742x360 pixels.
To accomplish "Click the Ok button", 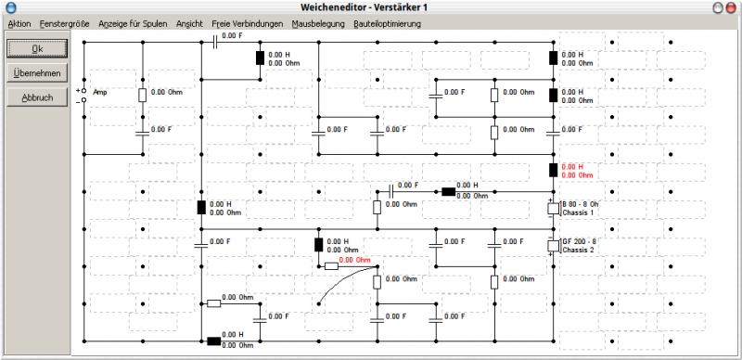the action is tap(37, 49).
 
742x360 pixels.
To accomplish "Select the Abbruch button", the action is tap(37, 97).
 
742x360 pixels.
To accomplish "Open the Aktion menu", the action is tap(19, 24).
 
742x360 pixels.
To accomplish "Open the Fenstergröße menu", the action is tap(64, 24).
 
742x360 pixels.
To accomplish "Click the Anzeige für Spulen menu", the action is tap(133, 24).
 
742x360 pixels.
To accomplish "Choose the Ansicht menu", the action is tap(189, 24).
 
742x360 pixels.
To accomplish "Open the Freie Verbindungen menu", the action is tap(248, 24).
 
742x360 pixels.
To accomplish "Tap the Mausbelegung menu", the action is tap(318, 24).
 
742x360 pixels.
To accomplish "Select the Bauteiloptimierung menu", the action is tap(387, 24).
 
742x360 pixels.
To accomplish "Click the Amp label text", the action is tap(100, 93).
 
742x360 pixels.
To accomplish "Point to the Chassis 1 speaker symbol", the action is tap(554, 209).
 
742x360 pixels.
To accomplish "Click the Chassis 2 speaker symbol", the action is tap(554, 246).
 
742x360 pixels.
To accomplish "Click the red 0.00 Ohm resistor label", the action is tap(354, 260).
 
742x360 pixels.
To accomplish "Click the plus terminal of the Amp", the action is tap(83, 90).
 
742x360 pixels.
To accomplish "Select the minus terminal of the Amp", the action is tap(83, 100).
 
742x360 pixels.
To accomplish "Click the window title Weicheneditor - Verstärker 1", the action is tap(365, 7).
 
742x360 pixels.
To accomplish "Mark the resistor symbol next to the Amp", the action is tap(143, 96).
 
